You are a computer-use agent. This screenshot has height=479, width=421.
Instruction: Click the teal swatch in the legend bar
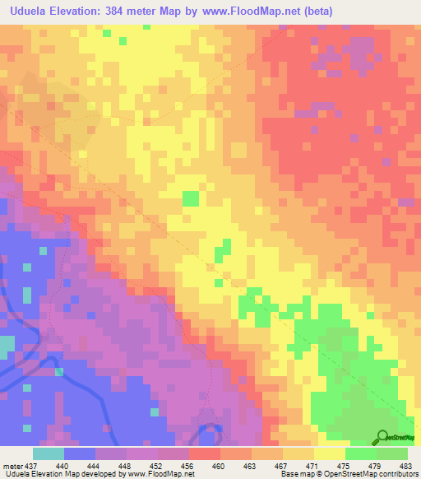click(49, 453)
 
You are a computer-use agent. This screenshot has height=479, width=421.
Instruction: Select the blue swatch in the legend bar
click(80, 453)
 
